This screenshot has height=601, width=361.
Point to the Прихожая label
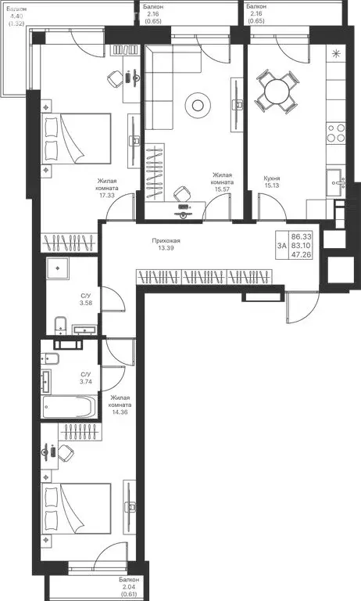pos(166,241)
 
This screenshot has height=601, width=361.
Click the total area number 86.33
pos(300,236)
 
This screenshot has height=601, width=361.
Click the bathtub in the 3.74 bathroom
pos(69,407)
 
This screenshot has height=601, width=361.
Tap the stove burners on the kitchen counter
pos(336,133)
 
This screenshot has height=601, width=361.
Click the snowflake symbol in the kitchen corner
pos(337,54)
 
